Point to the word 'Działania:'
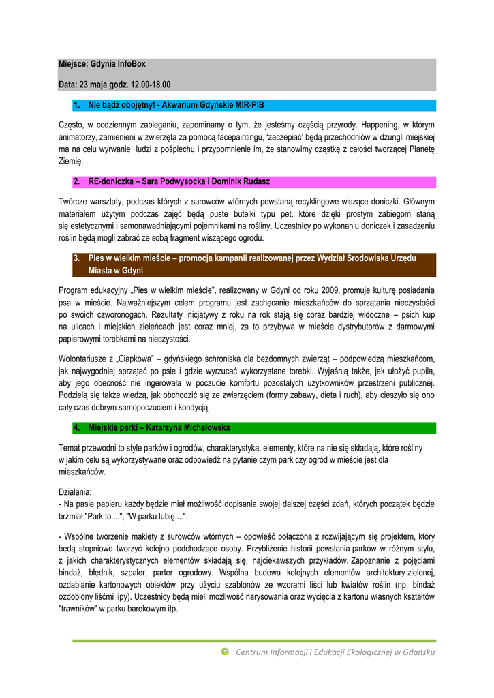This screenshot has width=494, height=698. pyautogui.click(x=78, y=491)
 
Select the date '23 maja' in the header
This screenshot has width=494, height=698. pyautogui.click(x=93, y=85)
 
